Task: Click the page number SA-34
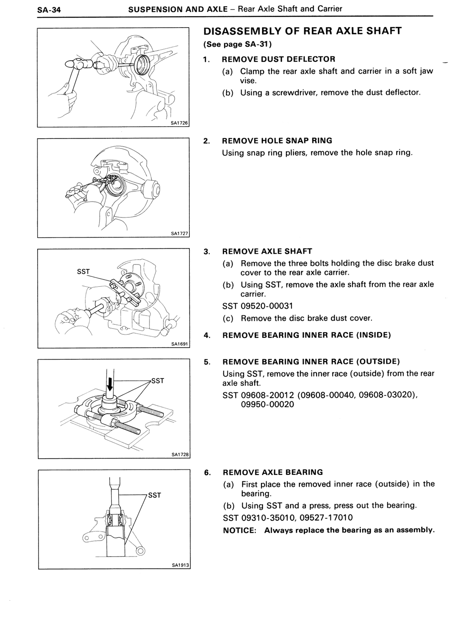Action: tap(49, 10)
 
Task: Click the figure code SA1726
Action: tap(179, 123)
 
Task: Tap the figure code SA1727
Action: tap(180, 233)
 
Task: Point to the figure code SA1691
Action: tap(180, 344)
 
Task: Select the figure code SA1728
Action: tap(180, 454)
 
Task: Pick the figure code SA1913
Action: tap(180, 565)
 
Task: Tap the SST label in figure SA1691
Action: tap(83, 272)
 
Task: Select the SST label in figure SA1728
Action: tap(158, 381)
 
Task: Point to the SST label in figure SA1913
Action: tap(154, 495)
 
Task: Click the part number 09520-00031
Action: tap(267, 306)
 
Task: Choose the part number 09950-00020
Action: tap(267, 404)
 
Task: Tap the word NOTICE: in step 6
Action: tap(239, 530)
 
